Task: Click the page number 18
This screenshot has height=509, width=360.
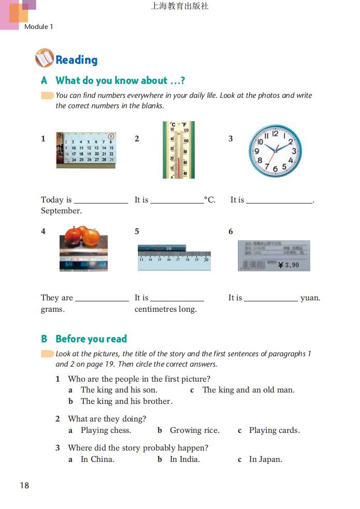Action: [x=24, y=485]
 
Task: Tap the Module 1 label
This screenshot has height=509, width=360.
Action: [x=39, y=26]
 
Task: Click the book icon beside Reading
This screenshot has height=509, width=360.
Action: [x=45, y=59]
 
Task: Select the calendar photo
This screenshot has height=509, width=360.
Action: [x=86, y=149]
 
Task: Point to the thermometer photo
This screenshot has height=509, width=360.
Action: [x=179, y=150]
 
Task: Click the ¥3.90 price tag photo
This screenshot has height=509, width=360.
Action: [x=273, y=255]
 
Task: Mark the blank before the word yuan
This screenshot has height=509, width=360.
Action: [x=271, y=299]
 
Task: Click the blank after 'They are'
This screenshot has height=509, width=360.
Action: [x=102, y=299]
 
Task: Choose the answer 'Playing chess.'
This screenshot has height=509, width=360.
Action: [x=106, y=430]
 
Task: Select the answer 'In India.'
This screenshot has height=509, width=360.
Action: [x=184, y=459]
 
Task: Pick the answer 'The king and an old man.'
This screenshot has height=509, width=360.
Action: [x=248, y=390]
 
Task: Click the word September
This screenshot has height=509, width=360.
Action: [x=61, y=211]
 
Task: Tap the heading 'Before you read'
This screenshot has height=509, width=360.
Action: [x=91, y=339]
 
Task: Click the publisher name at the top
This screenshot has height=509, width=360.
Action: [x=180, y=7]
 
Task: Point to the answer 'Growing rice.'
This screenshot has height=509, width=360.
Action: [x=194, y=430]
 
